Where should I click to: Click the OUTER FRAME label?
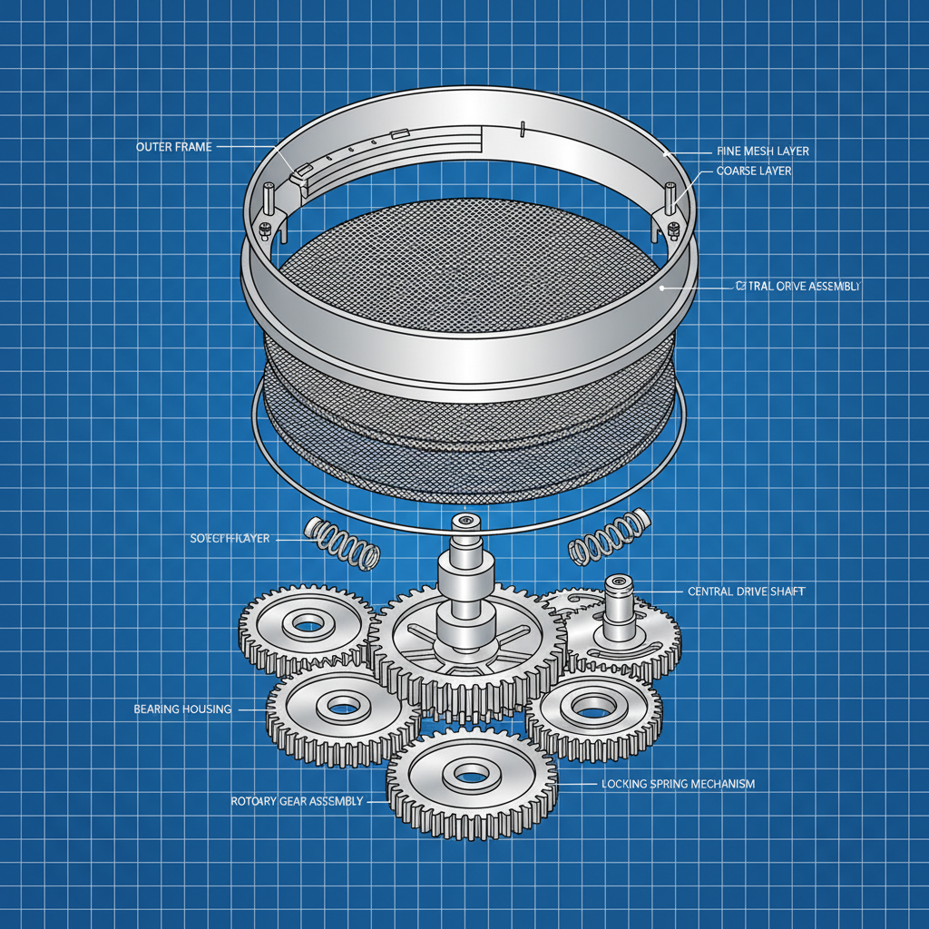coord(173,147)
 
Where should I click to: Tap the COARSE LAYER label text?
coord(753,171)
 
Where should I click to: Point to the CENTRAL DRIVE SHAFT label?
coord(746,592)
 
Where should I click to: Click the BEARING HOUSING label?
coord(182,708)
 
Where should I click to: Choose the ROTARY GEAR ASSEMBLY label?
coord(298,801)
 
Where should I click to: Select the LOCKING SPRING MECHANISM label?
coord(678,783)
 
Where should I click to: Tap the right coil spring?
coord(607,539)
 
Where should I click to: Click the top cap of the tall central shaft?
coord(465,523)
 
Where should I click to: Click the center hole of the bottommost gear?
coord(470,774)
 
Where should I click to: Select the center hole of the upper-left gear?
coord(308,622)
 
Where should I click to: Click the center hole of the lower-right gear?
coord(592,705)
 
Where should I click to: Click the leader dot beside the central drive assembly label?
coord(663,287)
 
